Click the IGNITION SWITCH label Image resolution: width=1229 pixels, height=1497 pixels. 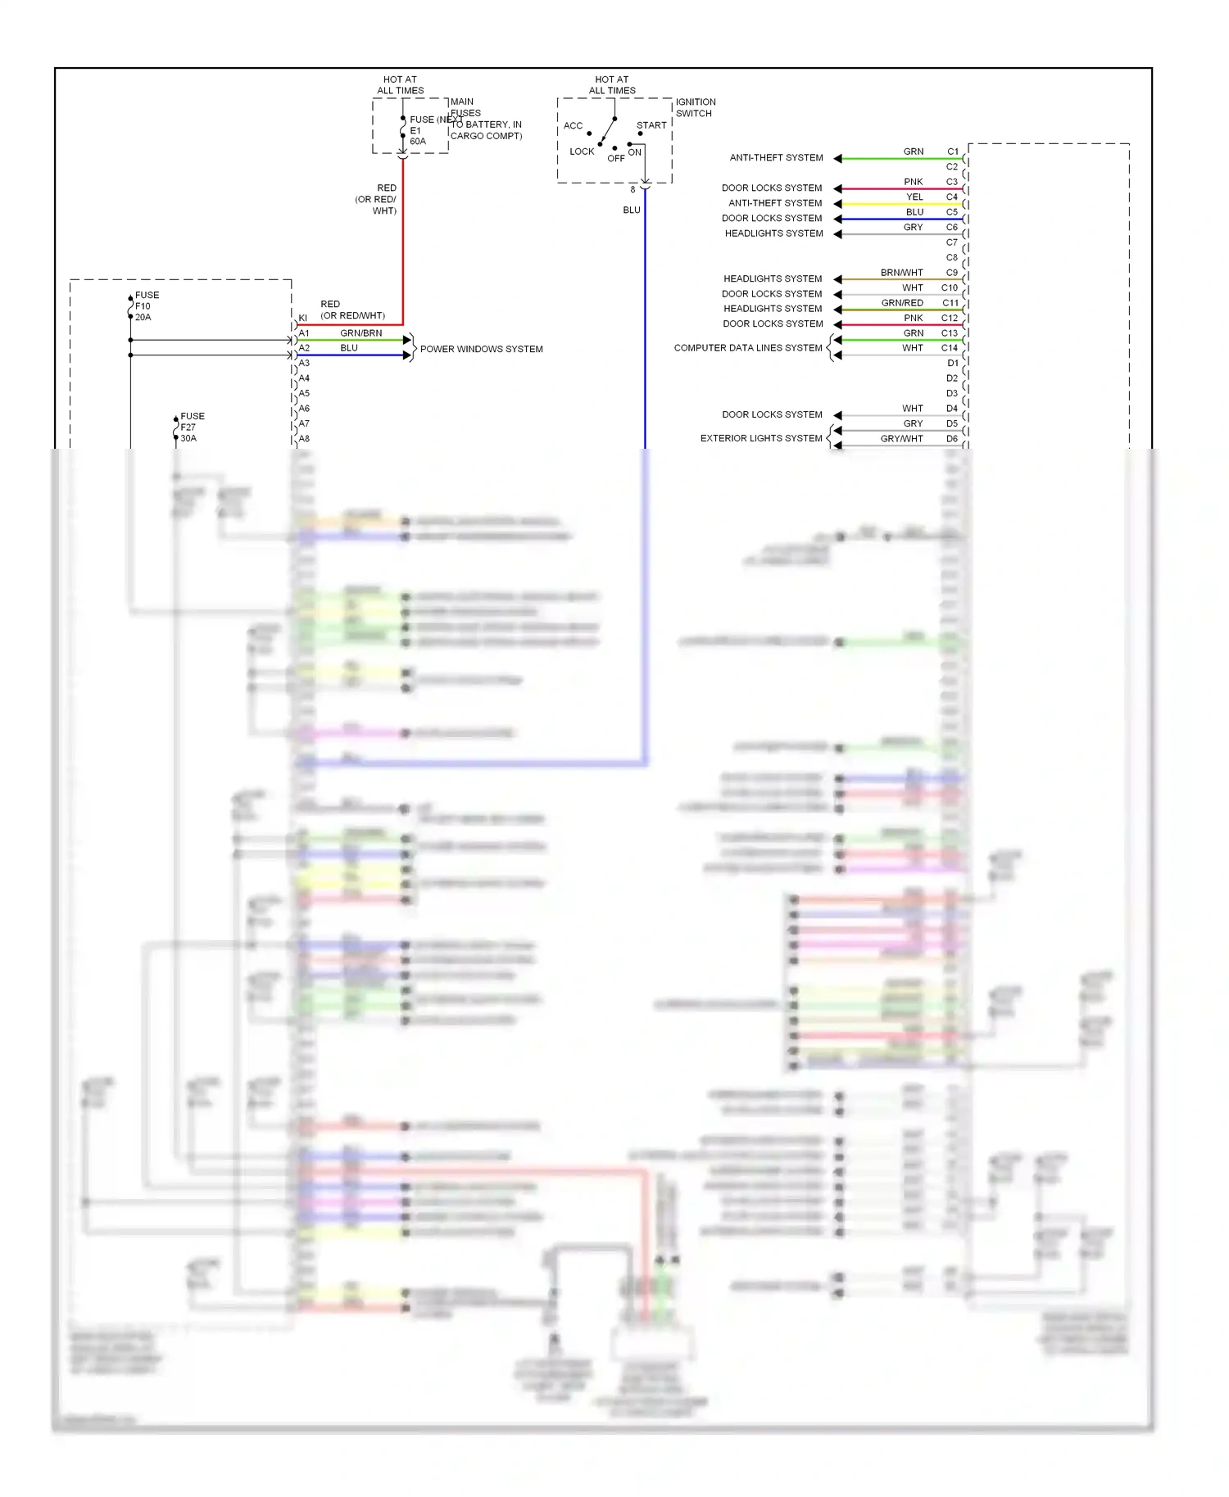695,107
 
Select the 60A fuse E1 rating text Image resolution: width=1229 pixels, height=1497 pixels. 418,142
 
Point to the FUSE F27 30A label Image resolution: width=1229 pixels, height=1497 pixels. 192,427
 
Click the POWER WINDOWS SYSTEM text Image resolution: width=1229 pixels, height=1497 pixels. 481,349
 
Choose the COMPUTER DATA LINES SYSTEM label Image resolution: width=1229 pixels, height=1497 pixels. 747,348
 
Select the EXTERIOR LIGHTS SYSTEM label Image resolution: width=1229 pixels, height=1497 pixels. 760,438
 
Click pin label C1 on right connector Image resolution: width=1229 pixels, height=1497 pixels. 952,152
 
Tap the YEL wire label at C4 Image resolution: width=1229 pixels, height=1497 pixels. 914,197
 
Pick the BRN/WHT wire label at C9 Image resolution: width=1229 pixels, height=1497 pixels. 901,273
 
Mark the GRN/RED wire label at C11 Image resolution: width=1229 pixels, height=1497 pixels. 901,303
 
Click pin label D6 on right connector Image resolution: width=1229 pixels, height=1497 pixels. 951,439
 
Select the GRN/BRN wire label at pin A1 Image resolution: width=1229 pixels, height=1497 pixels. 361,333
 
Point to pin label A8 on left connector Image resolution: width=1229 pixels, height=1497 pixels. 304,439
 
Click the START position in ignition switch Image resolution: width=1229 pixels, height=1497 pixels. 651,125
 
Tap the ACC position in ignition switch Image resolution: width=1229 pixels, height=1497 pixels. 573,125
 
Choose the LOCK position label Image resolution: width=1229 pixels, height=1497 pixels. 582,152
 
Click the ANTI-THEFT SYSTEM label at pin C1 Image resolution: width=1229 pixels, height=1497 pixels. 776,157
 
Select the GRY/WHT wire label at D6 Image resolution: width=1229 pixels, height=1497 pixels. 901,439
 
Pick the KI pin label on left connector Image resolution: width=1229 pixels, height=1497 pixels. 302,318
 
